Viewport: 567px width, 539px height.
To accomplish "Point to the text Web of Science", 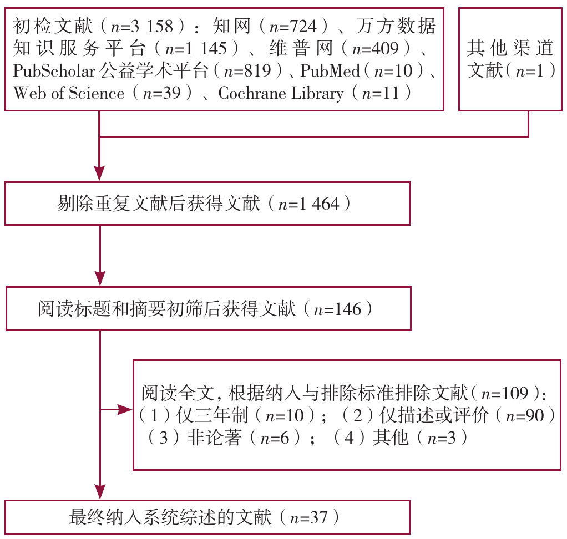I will click(69, 93).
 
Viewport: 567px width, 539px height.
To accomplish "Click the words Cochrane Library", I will click(281, 93).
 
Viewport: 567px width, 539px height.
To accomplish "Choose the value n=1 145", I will click(196, 48).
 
